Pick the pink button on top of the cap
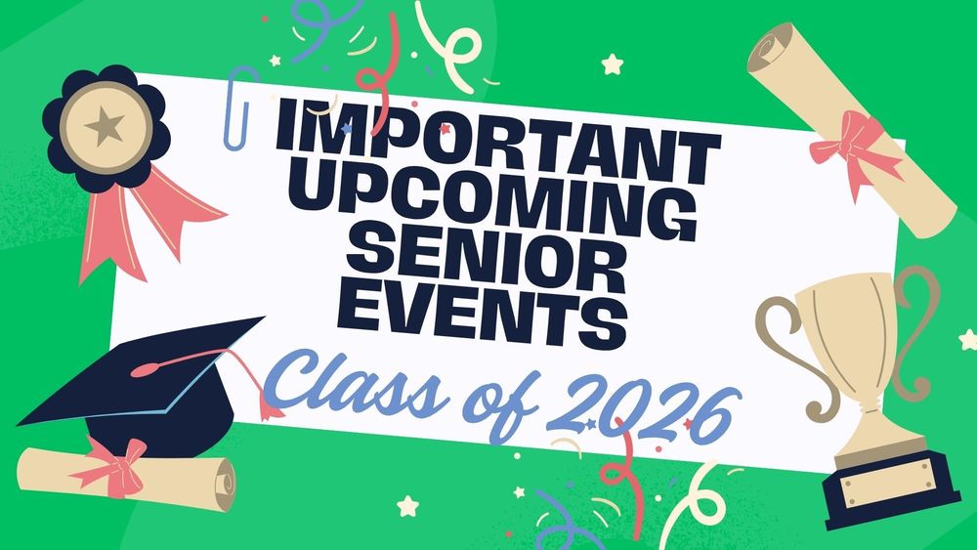coord(149,370)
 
